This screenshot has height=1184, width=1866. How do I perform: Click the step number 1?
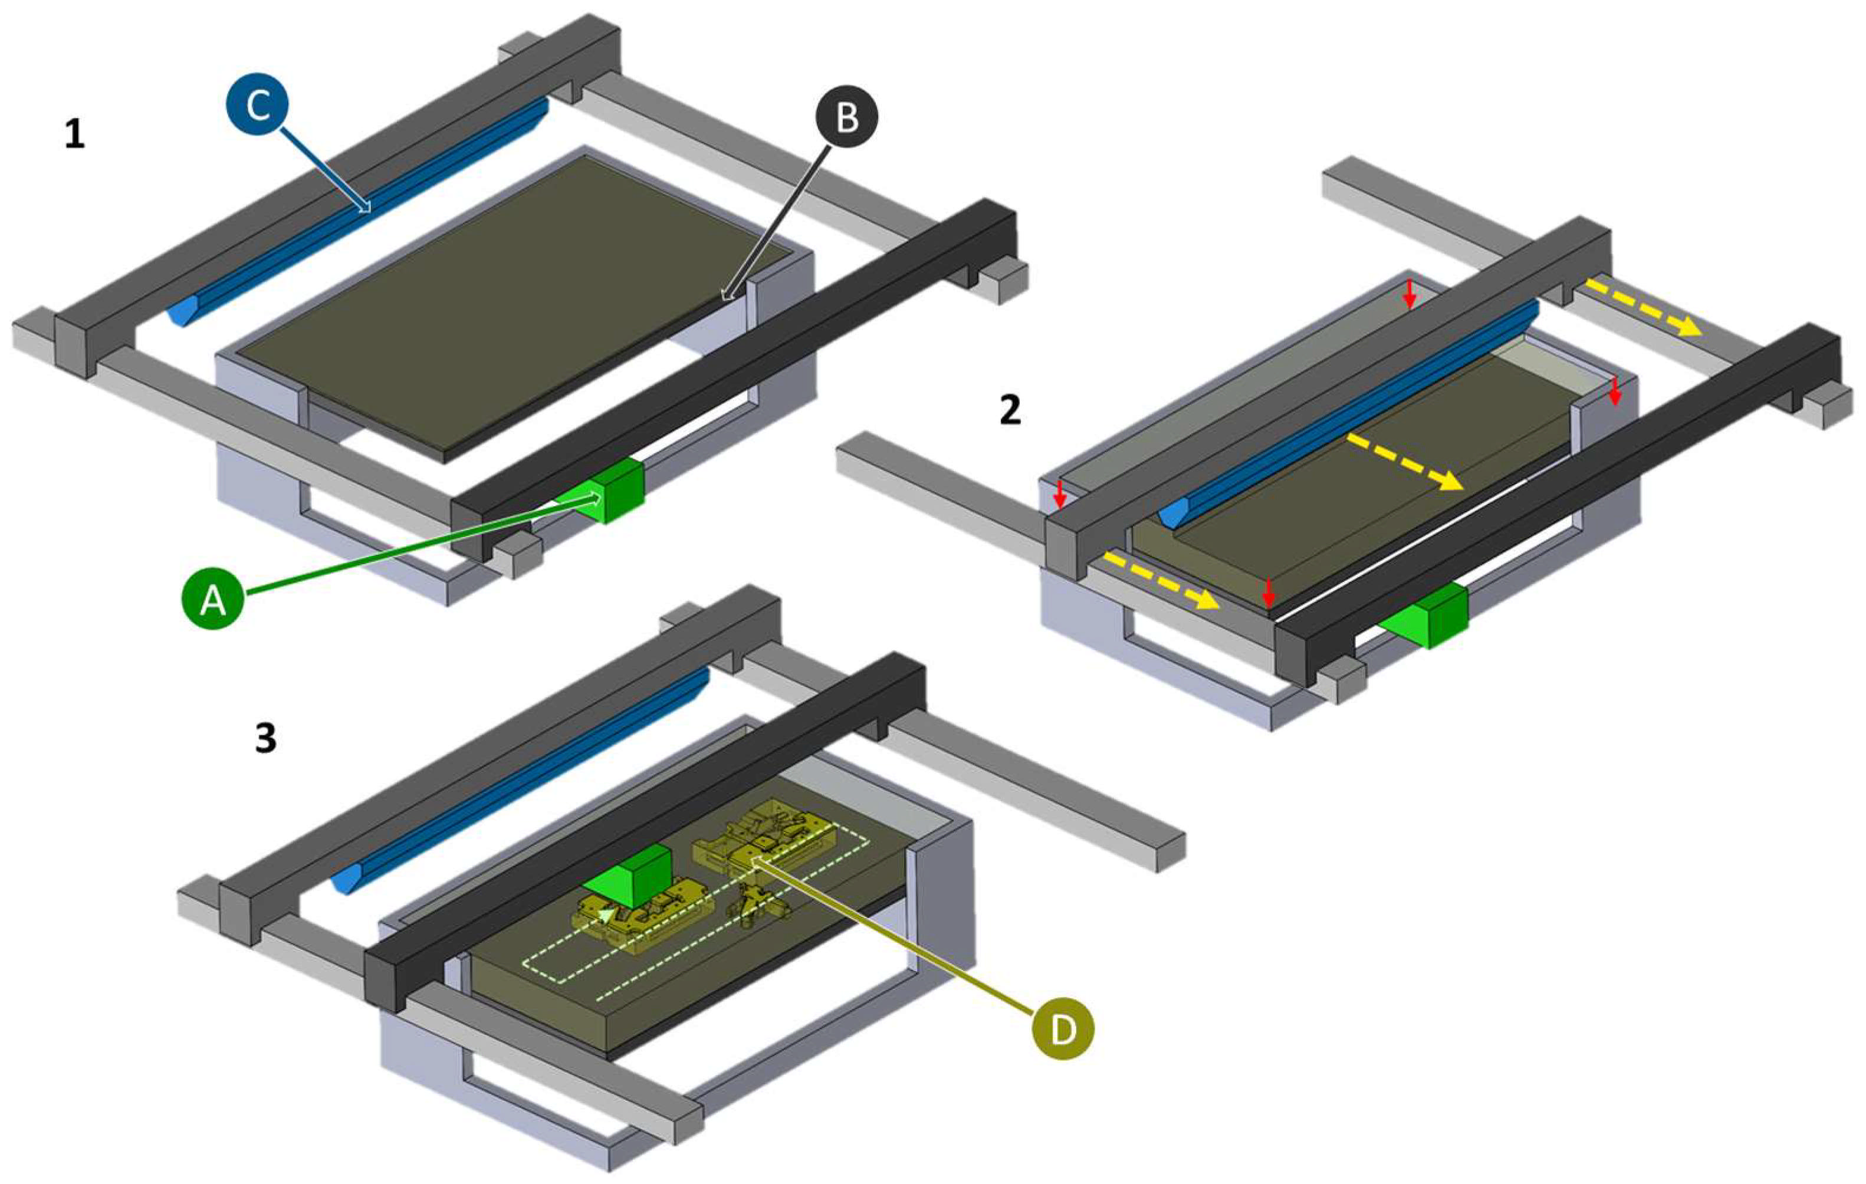(x=74, y=136)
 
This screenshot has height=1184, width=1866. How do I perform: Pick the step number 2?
(x=1010, y=410)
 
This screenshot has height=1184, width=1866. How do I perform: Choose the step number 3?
(x=266, y=740)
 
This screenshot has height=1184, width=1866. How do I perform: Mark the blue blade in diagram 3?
(x=519, y=784)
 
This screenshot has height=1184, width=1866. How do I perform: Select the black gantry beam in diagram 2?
(x=1558, y=505)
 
